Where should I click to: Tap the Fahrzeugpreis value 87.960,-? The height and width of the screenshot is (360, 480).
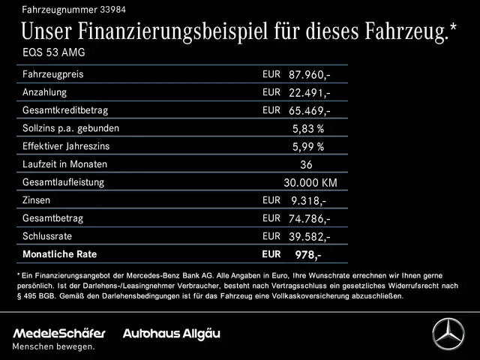(309, 75)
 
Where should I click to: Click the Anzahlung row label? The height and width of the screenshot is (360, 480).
(45, 92)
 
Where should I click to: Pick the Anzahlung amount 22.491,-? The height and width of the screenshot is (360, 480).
(309, 93)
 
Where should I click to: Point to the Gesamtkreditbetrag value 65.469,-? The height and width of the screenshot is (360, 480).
(309, 111)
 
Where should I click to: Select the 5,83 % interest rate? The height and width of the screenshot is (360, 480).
(308, 129)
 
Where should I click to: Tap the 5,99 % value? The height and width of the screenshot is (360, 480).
(308, 147)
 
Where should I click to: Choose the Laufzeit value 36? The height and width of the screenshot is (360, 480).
(305, 165)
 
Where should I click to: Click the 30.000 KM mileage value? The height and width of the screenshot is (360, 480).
(310, 183)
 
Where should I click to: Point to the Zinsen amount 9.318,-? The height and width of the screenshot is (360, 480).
(307, 201)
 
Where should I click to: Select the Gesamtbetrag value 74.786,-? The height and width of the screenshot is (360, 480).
(309, 219)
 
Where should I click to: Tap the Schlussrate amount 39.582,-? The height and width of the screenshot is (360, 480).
(309, 237)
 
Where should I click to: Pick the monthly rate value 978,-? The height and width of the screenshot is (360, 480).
(307, 255)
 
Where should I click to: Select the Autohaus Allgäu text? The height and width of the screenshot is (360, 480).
(172, 332)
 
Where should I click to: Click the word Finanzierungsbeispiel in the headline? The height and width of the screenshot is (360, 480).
(187, 31)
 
